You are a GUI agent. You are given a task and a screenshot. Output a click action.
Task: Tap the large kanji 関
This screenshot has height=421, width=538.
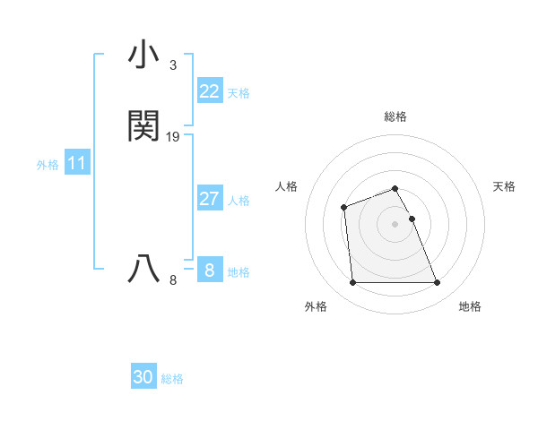click(144, 126)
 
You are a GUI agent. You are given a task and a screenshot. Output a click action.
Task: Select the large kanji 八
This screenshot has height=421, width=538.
click(144, 268)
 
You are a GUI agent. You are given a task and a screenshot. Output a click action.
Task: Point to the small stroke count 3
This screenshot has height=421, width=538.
click(172, 65)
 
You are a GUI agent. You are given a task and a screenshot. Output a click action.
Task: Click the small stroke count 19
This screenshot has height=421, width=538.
click(173, 137)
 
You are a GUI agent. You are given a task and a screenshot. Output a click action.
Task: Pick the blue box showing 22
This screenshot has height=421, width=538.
click(209, 91)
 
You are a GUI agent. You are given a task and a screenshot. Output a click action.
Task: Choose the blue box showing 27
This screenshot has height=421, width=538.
click(209, 199)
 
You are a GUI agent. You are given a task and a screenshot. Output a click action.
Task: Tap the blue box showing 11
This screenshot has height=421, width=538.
click(76, 164)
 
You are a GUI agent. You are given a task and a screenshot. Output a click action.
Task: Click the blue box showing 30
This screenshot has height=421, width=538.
click(143, 378)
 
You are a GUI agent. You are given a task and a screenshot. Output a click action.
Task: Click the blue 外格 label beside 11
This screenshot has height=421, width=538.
click(47, 165)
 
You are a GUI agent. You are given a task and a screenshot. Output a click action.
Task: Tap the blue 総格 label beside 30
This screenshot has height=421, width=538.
click(172, 379)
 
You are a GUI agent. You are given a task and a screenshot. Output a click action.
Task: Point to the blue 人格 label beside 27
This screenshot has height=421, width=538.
click(239, 200)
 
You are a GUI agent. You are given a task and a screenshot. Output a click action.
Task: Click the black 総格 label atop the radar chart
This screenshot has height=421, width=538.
click(395, 116)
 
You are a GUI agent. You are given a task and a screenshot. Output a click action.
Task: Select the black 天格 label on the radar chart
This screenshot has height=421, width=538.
click(504, 186)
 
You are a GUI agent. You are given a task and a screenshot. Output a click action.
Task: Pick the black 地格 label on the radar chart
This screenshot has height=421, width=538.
click(470, 306)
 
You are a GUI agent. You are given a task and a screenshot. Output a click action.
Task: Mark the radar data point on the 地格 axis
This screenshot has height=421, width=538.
click(438, 283)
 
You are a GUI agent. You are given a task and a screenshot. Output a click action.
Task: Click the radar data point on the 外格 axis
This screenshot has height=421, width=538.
click(352, 283)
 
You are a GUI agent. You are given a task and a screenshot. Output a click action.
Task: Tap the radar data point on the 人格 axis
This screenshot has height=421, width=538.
click(344, 208)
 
